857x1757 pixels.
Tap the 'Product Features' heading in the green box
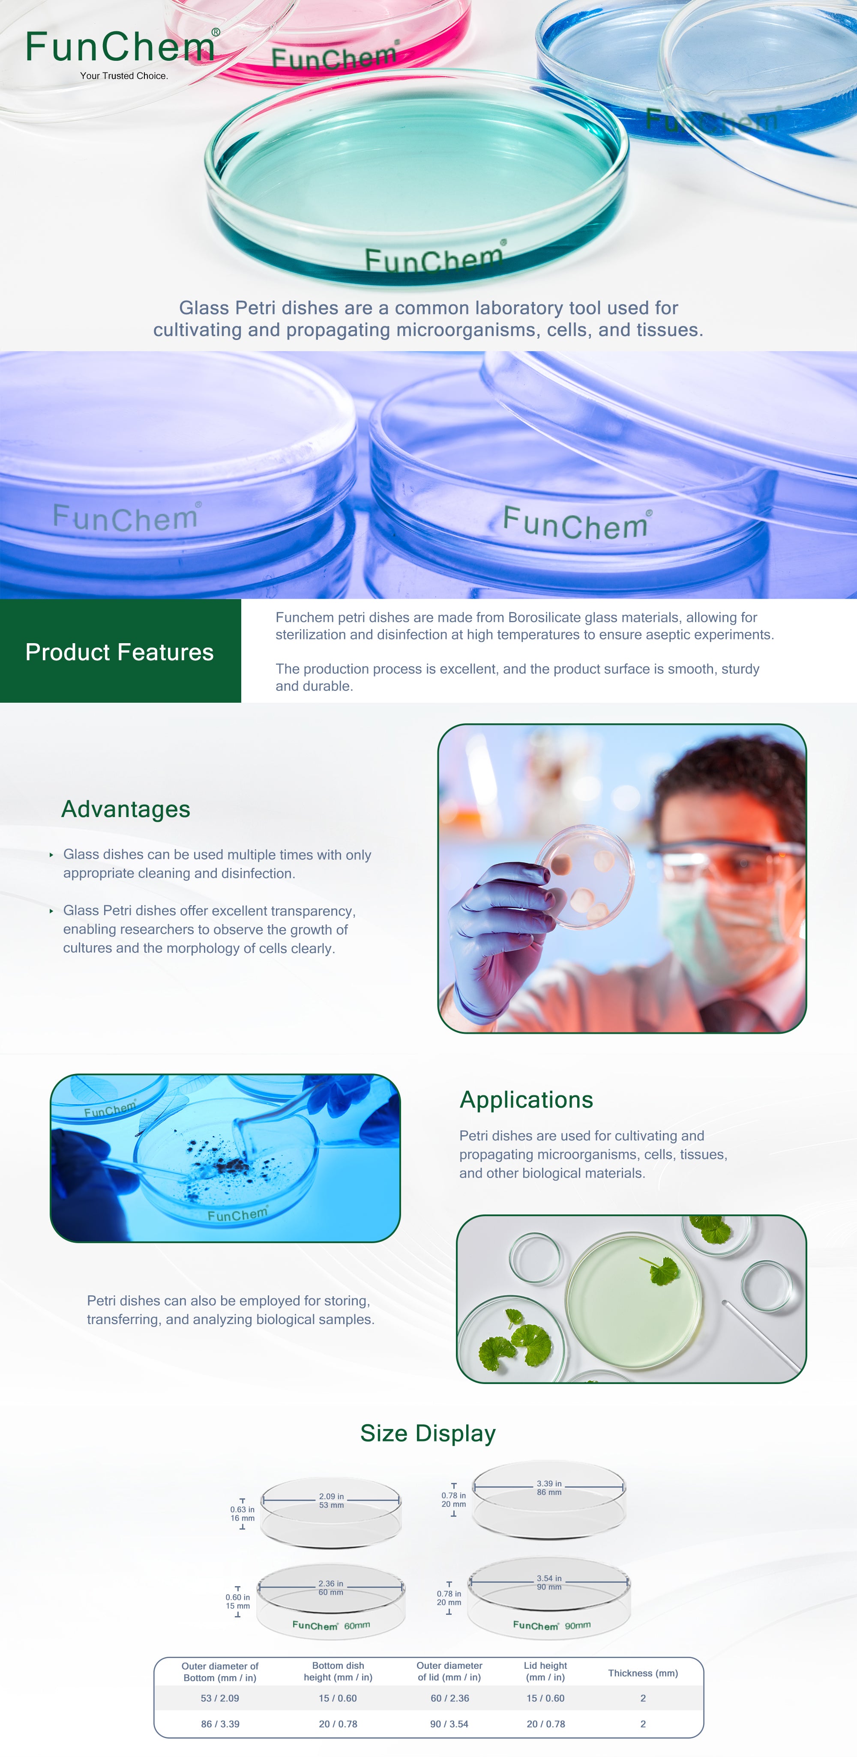[120, 652]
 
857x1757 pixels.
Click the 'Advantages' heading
[126, 809]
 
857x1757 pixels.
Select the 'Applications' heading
[526, 1100]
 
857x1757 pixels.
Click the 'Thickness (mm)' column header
[643, 1673]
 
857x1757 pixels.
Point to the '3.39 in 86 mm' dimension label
[549, 1488]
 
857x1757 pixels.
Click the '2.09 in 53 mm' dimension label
[332, 1500]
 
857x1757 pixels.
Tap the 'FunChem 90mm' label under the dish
[552, 1626]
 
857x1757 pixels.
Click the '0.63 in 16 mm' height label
[242, 1513]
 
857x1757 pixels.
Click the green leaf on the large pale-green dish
[660, 1270]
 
